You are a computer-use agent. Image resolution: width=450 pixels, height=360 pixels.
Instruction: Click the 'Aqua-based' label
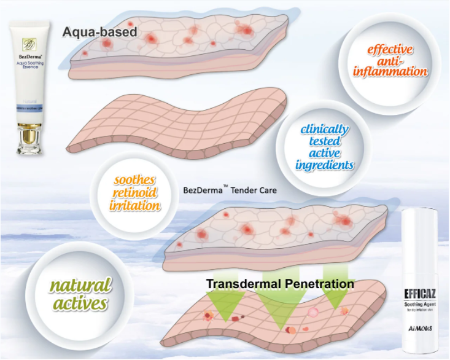tap(99, 31)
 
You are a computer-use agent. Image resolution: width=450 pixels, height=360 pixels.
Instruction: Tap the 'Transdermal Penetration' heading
tap(280, 284)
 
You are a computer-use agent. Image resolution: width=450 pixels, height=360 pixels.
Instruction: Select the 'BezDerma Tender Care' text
tap(230, 190)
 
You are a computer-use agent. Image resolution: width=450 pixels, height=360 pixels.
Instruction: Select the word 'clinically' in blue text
tap(325, 130)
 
